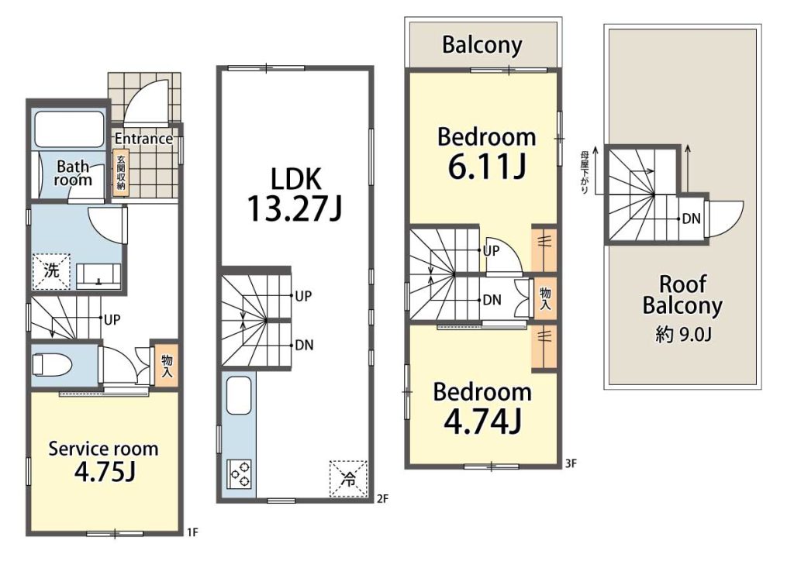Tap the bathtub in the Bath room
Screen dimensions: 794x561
[x=69, y=129]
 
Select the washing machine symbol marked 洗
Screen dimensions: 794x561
[x=51, y=271]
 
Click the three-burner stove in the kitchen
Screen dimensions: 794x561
[x=240, y=474]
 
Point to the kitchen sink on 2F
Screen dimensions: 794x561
[x=239, y=396]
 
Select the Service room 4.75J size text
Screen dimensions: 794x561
[x=105, y=471]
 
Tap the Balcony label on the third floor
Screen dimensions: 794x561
[x=482, y=44]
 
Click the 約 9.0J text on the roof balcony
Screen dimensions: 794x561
[x=683, y=335]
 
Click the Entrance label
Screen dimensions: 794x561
[x=143, y=139]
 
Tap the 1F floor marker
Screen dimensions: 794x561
[x=192, y=532]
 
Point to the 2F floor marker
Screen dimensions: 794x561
[x=382, y=499]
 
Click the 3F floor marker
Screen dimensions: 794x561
[x=571, y=463]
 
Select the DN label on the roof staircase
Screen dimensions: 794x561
[x=691, y=219]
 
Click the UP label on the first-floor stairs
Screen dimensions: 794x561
[x=112, y=319]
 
